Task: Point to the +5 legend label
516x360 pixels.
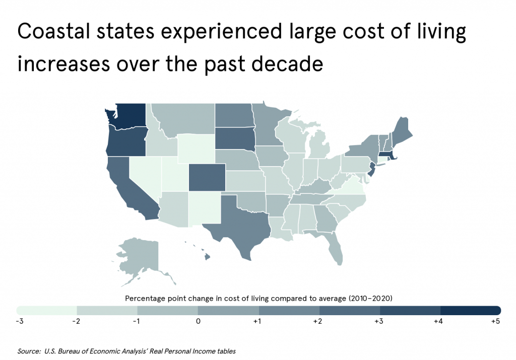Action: (x=495, y=321)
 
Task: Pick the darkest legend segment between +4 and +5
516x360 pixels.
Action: (x=470, y=310)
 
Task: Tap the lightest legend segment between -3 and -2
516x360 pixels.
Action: (x=46, y=310)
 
